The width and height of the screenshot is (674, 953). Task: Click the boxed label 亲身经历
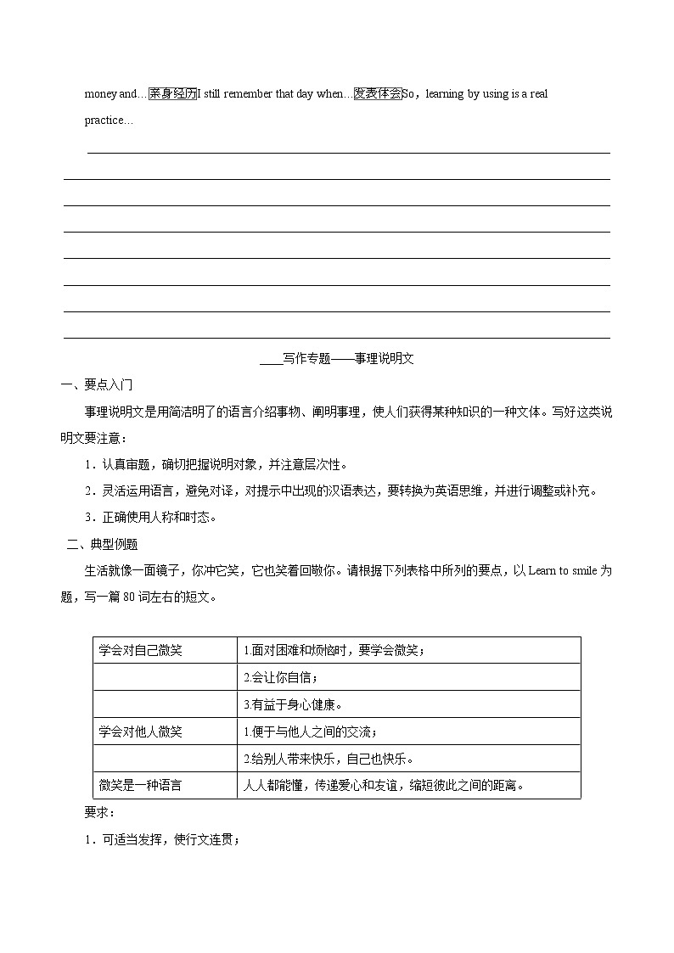click(x=172, y=94)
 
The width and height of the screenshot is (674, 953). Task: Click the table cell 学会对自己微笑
click(x=140, y=651)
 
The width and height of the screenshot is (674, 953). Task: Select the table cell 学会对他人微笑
click(x=140, y=732)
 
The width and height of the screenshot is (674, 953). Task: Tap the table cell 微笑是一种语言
click(x=140, y=785)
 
